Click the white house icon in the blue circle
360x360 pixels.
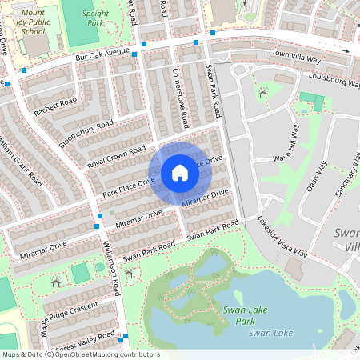(x=180, y=173)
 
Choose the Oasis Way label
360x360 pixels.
(x=318, y=178)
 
